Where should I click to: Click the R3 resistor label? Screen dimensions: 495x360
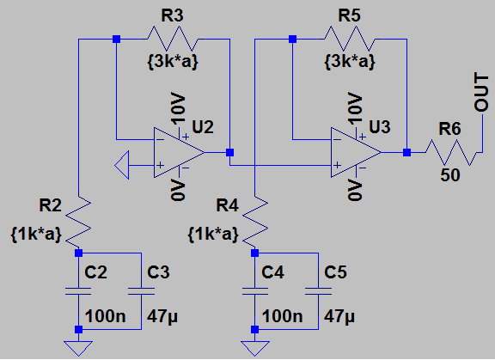click(x=172, y=15)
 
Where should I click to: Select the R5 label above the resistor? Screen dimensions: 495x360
click(x=349, y=15)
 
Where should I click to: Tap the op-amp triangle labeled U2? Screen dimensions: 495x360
click(x=179, y=152)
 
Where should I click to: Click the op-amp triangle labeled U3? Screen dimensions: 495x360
click(x=356, y=152)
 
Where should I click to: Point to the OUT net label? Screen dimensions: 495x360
click(x=481, y=92)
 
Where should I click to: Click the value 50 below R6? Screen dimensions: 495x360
click(x=450, y=174)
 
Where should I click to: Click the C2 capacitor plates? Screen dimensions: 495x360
click(x=78, y=291)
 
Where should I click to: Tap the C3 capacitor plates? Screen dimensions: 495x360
click(x=141, y=291)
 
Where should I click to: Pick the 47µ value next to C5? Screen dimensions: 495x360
click(x=339, y=316)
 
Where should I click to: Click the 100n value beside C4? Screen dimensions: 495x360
click(x=282, y=316)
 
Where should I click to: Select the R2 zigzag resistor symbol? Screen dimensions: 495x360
click(x=78, y=222)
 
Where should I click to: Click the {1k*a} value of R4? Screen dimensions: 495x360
click(x=213, y=235)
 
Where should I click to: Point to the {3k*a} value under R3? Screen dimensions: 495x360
click(x=173, y=61)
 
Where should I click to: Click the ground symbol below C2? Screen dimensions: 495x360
click(x=78, y=348)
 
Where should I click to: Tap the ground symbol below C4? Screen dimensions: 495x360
click(x=254, y=348)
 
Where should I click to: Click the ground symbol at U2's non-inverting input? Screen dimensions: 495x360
click(x=122, y=165)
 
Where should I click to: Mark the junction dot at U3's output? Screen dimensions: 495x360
click(x=406, y=153)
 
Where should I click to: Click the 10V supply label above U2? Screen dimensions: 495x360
click(x=178, y=108)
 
